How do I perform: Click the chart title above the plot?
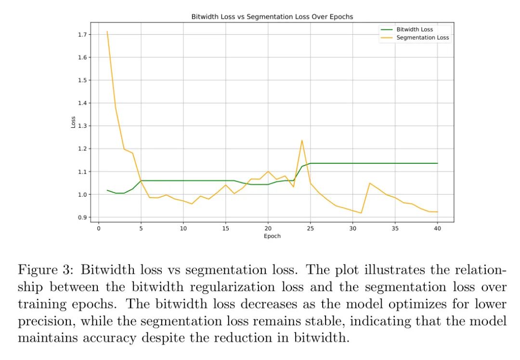(272, 17)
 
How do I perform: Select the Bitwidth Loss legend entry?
(414, 29)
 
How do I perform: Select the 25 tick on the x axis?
(310, 228)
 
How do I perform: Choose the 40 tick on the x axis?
(437, 228)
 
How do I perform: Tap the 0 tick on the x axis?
(99, 228)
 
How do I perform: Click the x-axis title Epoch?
(272, 236)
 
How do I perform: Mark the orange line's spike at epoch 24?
(302, 140)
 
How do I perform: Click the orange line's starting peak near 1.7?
(107, 32)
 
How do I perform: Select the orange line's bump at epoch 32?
(369, 183)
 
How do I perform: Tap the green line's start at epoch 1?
(107, 190)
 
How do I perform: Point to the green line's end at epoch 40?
(437, 163)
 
